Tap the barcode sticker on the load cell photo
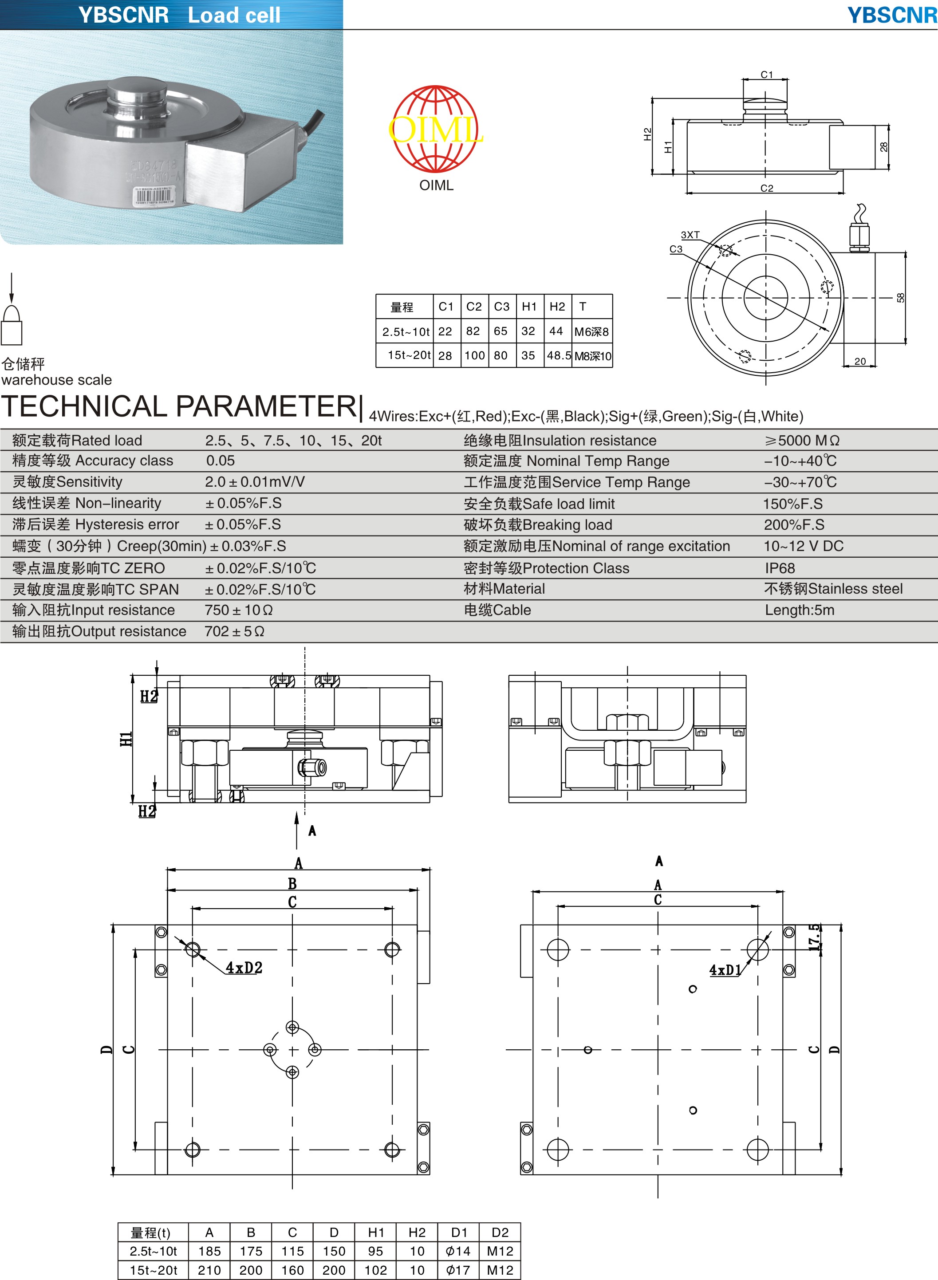pos(154,197)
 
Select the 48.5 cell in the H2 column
pos(559,355)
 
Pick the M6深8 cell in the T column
pos(591,331)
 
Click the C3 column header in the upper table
pos(501,307)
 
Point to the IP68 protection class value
pos(780,568)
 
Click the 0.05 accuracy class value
pos(221,461)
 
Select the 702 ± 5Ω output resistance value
pos(234,631)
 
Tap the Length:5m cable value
pos(800,610)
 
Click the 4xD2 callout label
pos(244,967)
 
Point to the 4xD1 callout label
pos(725,969)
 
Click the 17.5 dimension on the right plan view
pos(815,937)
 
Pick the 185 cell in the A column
pos(209,1251)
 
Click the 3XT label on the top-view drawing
pos(690,235)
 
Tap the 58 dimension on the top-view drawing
pos(901,297)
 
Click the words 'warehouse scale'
pos(56,380)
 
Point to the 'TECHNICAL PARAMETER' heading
pos(179,406)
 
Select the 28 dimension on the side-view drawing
pos(883,147)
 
